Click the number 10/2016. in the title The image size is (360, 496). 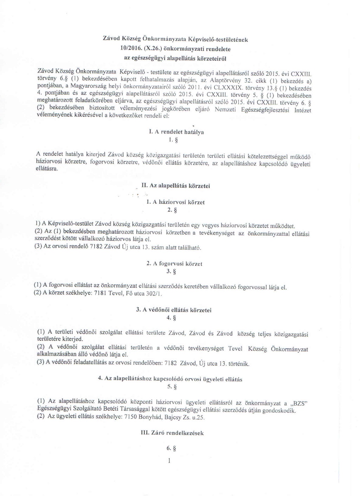(x=119, y=47)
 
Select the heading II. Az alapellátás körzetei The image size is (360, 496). (x=175, y=186)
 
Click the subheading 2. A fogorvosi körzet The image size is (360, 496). (x=175, y=263)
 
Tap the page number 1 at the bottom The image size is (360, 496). (x=169, y=459)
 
